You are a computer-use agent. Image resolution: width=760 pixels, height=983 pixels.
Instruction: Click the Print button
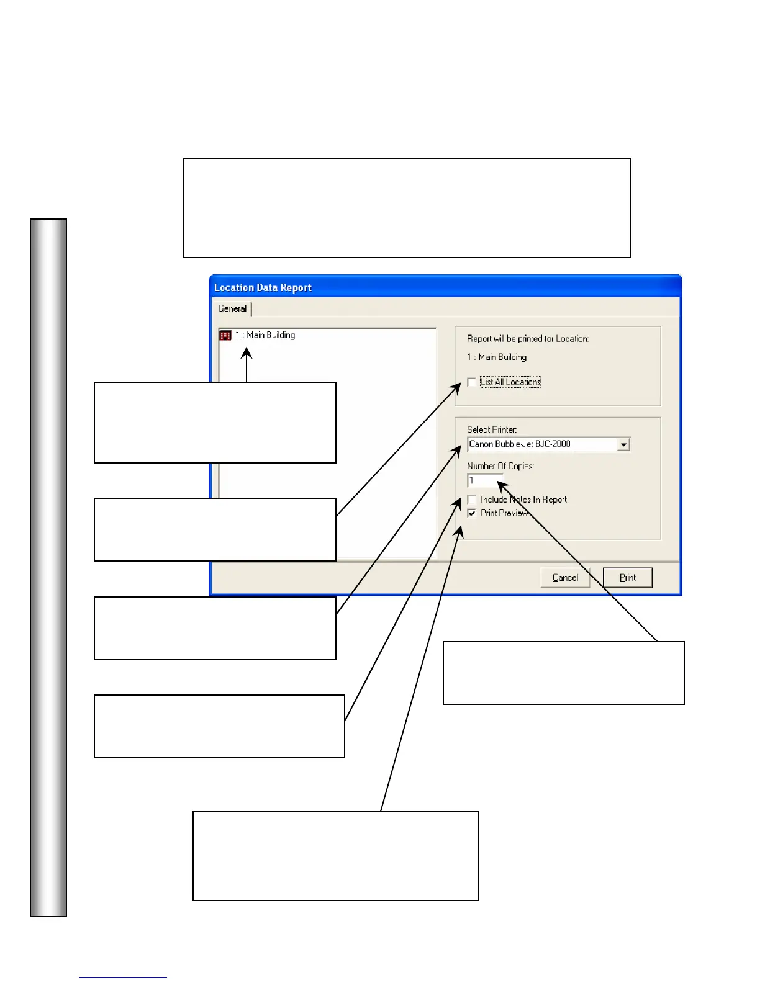tap(628, 578)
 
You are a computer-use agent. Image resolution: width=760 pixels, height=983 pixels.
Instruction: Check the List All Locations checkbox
tap(472, 382)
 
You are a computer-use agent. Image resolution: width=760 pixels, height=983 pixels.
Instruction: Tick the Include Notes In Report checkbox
tap(472, 500)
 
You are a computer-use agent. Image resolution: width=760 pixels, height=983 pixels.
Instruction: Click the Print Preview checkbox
tap(472, 513)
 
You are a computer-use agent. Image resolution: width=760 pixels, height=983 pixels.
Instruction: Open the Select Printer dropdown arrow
tap(623, 444)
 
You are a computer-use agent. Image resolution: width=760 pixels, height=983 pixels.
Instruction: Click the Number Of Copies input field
tap(484, 480)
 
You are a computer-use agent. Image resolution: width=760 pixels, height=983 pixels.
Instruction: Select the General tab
tap(232, 308)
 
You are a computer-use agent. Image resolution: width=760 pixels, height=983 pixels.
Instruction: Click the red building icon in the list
tap(225, 335)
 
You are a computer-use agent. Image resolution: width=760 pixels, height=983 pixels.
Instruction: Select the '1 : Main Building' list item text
tap(265, 335)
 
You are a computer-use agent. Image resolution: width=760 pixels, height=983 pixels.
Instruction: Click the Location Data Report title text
tap(263, 288)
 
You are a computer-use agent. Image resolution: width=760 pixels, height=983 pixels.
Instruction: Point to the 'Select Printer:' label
tap(492, 429)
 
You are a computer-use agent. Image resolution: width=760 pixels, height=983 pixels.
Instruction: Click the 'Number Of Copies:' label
tap(500, 466)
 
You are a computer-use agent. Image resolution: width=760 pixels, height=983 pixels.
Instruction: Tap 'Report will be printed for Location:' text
tap(528, 339)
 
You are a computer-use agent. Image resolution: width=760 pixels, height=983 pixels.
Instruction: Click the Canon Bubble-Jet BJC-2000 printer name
tap(520, 444)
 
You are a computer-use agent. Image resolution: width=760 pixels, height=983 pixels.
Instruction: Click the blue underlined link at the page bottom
tap(122, 977)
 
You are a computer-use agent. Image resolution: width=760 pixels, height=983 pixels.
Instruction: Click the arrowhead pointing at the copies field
tap(501, 485)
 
